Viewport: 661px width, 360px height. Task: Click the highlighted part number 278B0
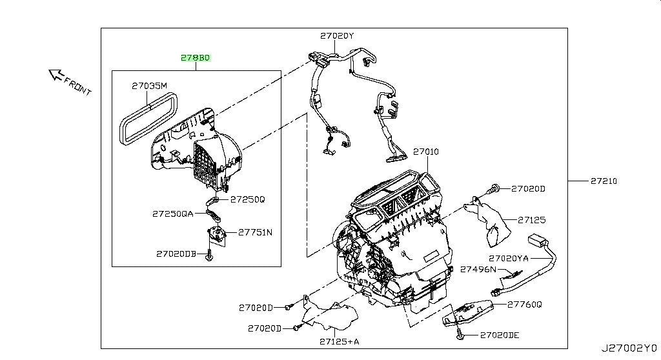pyautogui.click(x=195, y=58)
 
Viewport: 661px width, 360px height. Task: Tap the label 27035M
pyautogui.click(x=149, y=86)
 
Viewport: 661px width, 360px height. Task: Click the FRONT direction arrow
pyautogui.click(x=56, y=75)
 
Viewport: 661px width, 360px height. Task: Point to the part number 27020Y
pyautogui.click(x=337, y=36)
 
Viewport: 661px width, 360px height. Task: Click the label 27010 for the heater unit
pyautogui.click(x=426, y=152)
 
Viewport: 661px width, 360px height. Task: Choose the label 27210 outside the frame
pyautogui.click(x=604, y=181)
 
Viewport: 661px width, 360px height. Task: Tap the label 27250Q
pyautogui.click(x=247, y=199)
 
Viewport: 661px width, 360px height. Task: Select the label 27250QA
pyautogui.click(x=173, y=214)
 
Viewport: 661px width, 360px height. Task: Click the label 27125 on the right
pyautogui.click(x=532, y=219)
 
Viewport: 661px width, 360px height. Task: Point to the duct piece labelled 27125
pyautogui.click(x=489, y=223)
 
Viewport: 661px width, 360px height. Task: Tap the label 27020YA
pyautogui.click(x=509, y=258)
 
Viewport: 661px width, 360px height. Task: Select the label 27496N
pyautogui.click(x=478, y=269)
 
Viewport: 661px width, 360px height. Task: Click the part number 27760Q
pyautogui.click(x=524, y=304)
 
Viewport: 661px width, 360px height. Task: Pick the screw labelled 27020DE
pyautogui.click(x=460, y=335)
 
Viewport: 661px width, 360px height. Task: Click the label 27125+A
pyautogui.click(x=340, y=341)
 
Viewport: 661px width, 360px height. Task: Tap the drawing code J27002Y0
pyautogui.click(x=629, y=348)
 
